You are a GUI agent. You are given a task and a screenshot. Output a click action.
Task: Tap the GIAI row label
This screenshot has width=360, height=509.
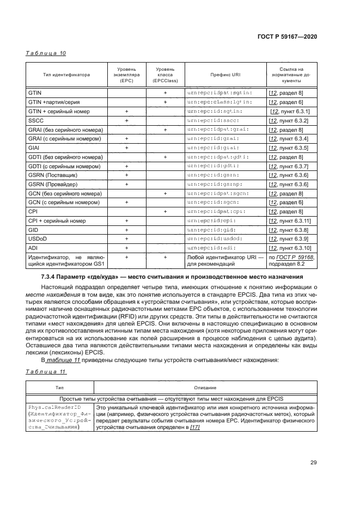click(x=34, y=148)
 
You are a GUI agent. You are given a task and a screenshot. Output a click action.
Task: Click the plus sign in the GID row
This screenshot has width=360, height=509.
click(x=126, y=230)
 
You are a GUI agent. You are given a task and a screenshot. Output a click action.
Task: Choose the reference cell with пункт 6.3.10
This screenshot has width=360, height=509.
click(x=289, y=248)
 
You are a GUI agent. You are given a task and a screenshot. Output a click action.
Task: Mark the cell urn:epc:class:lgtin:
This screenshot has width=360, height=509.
click(x=218, y=102)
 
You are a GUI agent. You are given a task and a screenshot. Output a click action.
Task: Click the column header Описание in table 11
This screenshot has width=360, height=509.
click(x=204, y=388)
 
